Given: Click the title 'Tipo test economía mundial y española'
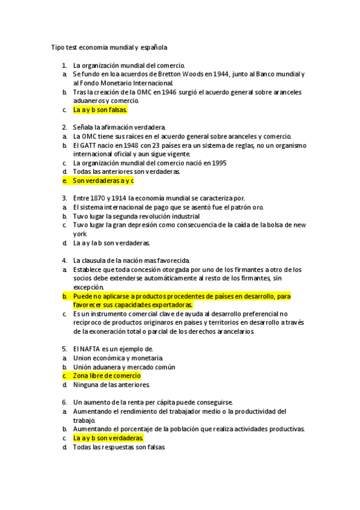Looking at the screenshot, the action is [109, 47].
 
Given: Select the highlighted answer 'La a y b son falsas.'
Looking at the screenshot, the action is [100, 110].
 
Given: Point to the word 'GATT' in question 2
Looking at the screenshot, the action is [88, 146].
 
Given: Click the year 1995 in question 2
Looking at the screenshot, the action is [218, 163].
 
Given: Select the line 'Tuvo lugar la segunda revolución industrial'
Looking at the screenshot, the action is [136, 216].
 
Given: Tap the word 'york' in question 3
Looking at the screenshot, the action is [80, 233].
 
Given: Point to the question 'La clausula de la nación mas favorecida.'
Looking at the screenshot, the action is [131, 261].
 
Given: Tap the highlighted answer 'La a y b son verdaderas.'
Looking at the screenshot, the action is [108, 438].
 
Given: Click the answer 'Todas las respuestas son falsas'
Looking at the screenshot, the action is [118, 447].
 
